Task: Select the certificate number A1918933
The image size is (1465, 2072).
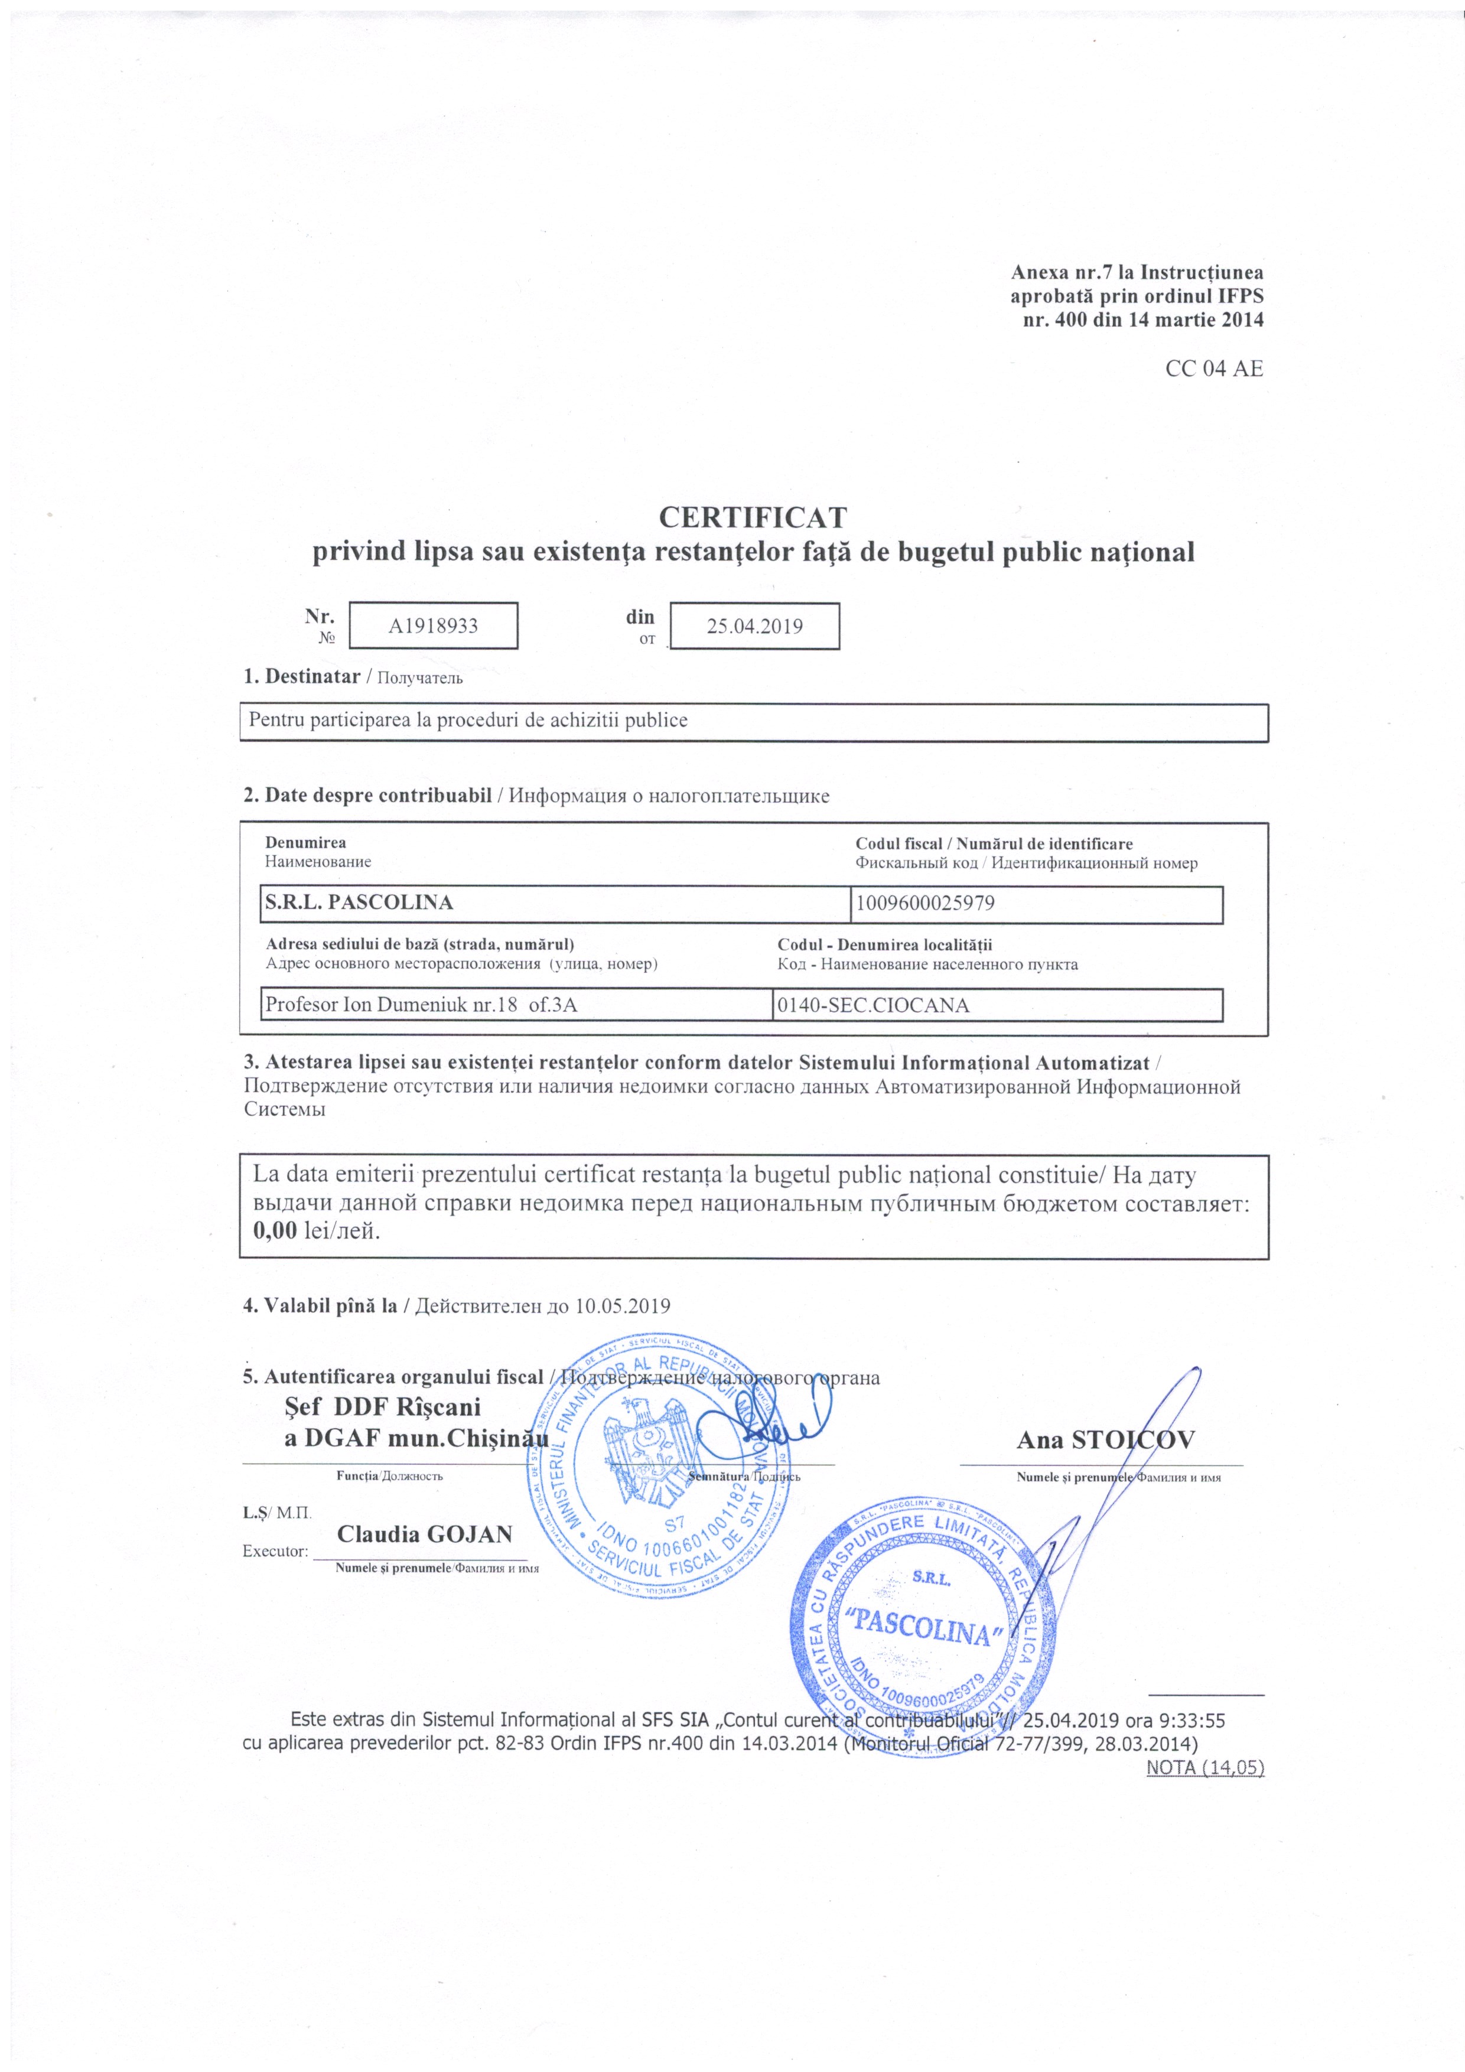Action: [432, 626]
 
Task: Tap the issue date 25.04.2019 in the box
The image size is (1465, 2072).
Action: [754, 626]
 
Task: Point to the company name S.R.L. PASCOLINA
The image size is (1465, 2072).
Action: [359, 903]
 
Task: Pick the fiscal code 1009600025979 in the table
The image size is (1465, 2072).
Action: [924, 903]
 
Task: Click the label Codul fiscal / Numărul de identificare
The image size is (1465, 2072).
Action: [993, 844]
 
